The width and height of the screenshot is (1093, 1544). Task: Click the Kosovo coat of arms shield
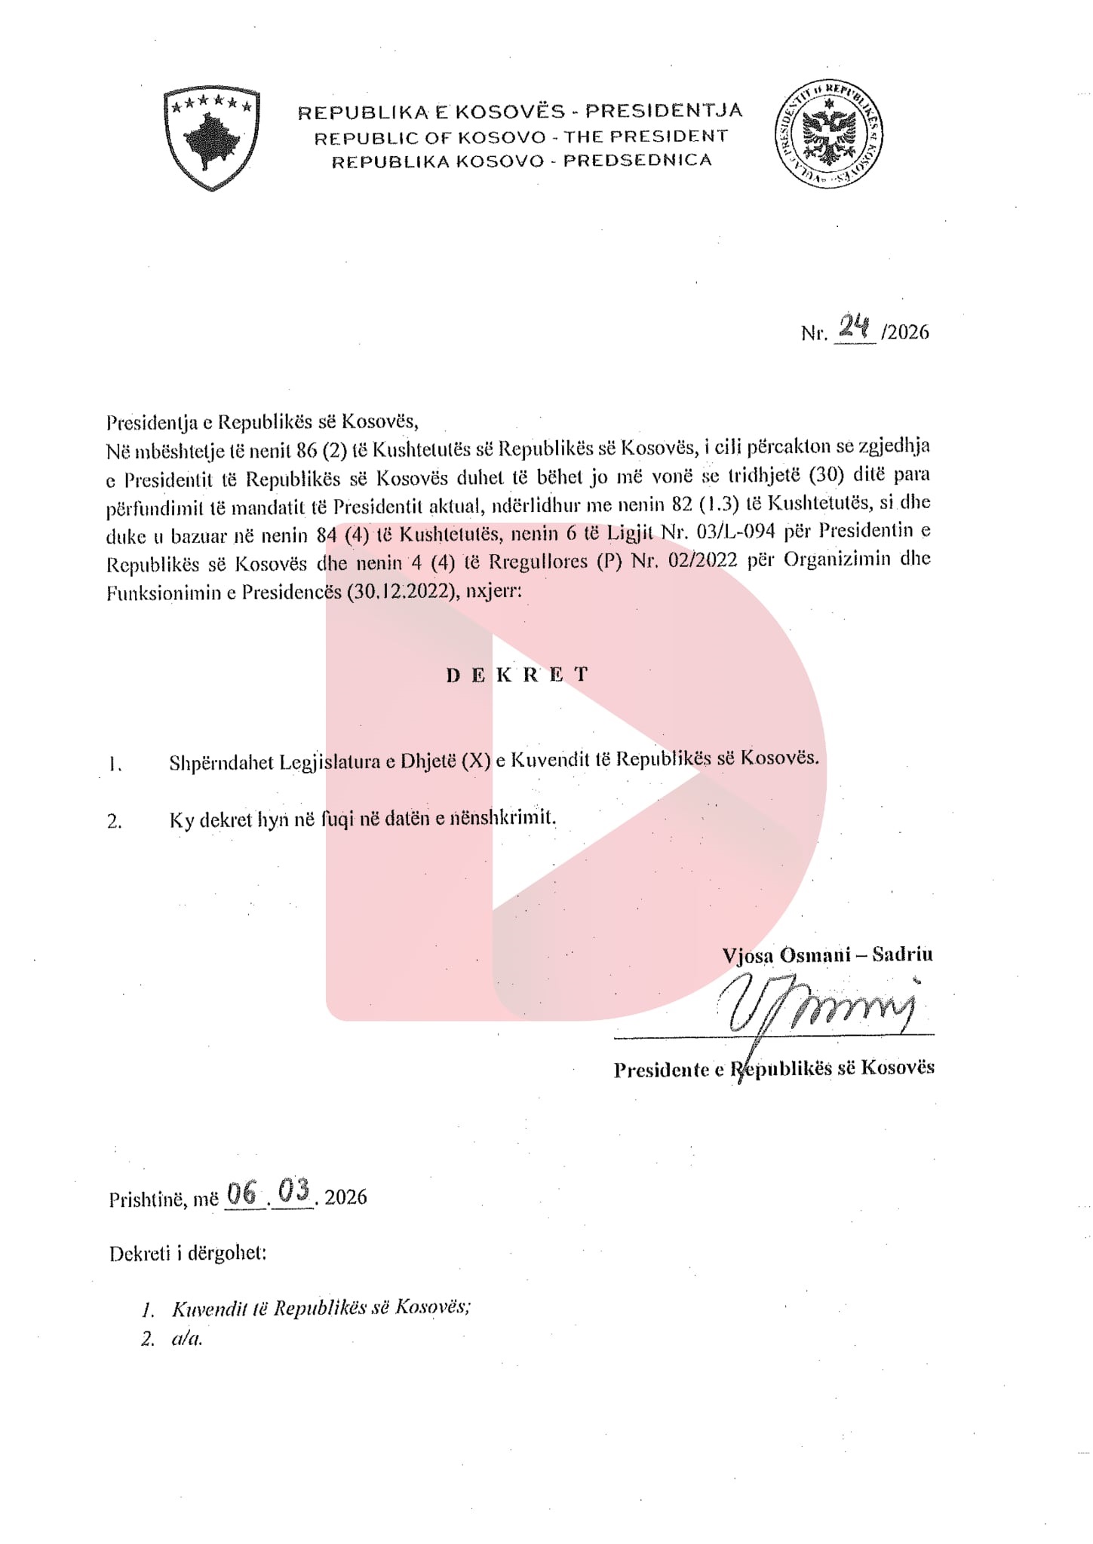[212, 138]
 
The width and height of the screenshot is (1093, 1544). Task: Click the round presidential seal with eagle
[829, 133]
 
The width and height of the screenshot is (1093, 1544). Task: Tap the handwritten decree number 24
[855, 326]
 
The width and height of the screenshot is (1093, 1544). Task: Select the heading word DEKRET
[517, 675]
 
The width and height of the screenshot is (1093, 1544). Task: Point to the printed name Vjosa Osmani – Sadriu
[827, 954]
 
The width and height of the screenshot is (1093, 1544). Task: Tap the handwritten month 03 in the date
[293, 1192]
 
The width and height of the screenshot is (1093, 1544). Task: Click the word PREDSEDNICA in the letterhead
[637, 161]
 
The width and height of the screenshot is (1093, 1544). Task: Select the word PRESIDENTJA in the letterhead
[664, 111]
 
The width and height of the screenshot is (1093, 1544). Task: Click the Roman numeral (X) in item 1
[476, 760]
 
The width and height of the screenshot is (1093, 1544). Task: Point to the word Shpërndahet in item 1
[221, 762]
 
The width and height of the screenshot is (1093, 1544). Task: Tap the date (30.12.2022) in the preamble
[402, 592]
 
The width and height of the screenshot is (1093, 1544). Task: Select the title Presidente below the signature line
[661, 1070]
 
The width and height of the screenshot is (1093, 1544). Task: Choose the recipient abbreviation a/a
[187, 1339]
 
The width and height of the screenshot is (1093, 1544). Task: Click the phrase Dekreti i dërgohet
[187, 1254]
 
